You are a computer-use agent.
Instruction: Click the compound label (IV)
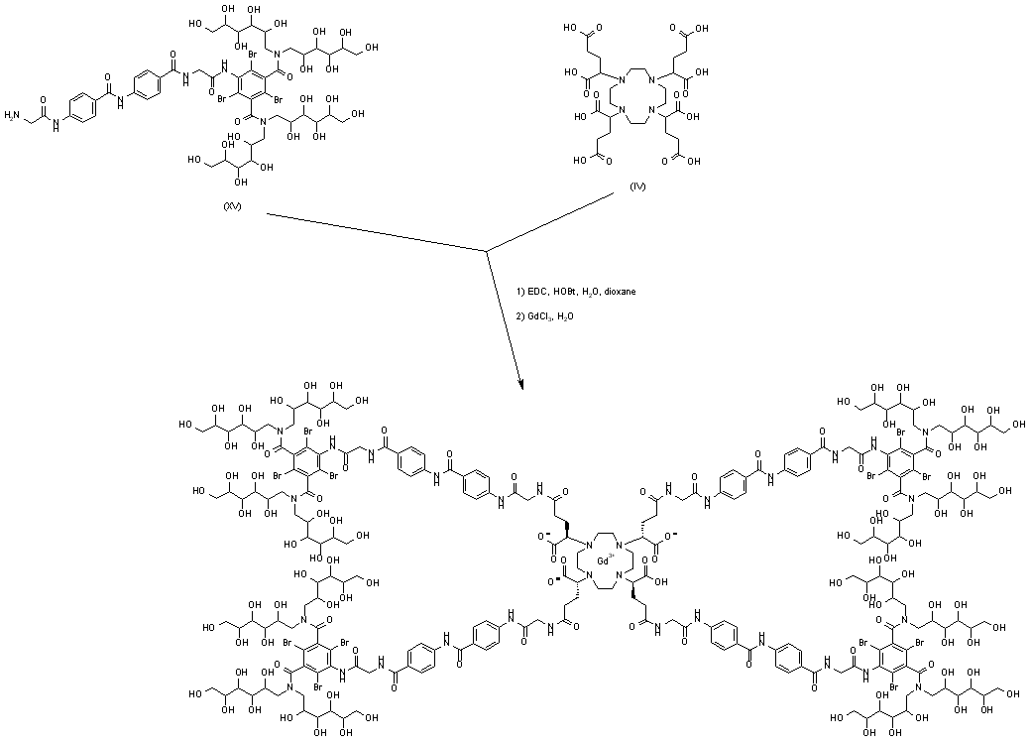[x=637, y=186]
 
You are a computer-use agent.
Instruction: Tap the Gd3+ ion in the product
[x=602, y=561]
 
